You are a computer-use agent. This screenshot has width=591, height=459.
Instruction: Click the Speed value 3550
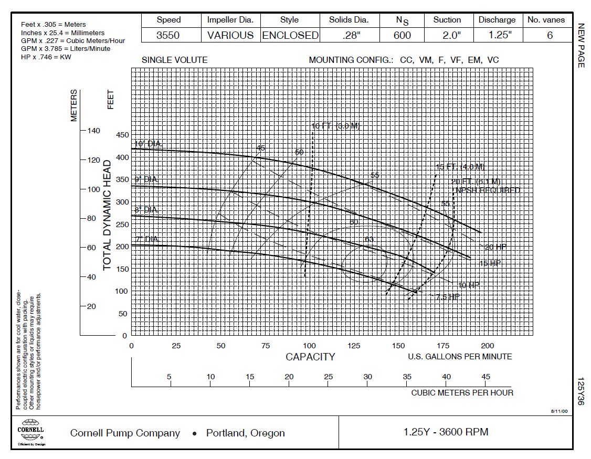pyautogui.click(x=168, y=36)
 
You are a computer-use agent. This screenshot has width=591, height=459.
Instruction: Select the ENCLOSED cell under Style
pyautogui.click(x=290, y=36)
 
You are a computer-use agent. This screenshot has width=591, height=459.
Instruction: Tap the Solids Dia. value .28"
pyautogui.click(x=349, y=36)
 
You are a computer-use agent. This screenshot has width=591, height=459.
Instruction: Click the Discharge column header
pyautogui.click(x=497, y=20)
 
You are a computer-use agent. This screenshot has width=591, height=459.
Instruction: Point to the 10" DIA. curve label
pyautogui.click(x=149, y=144)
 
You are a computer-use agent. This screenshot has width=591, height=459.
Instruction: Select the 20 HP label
pyautogui.click(x=495, y=247)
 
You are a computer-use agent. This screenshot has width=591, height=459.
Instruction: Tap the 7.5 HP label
pyautogui.click(x=448, y=297)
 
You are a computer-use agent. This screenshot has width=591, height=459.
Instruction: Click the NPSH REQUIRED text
pyautogui.click(x=488, y=190)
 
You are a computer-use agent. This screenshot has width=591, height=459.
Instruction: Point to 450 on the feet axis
pyautogui.click(x=122, y=135)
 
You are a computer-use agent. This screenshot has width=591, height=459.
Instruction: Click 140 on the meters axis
pyautogui.click(x=92, y=131)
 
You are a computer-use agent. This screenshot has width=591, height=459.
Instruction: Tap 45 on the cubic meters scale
pyautogui.click(x=486, y=377)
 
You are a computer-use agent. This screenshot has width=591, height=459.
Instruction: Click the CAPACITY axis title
pyautogui.click(x=310, y=357)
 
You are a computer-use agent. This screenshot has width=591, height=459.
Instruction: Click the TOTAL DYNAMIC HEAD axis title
pyautogui.click(x=107, y=215)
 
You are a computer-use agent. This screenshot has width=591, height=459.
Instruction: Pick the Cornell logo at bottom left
pyautogui.click(x=31, y=431)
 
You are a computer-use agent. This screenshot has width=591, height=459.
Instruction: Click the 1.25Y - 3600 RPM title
pyautogui.click(x=446, y=432)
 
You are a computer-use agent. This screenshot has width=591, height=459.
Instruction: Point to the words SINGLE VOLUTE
pyautogui.click(x=174, y=60)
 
